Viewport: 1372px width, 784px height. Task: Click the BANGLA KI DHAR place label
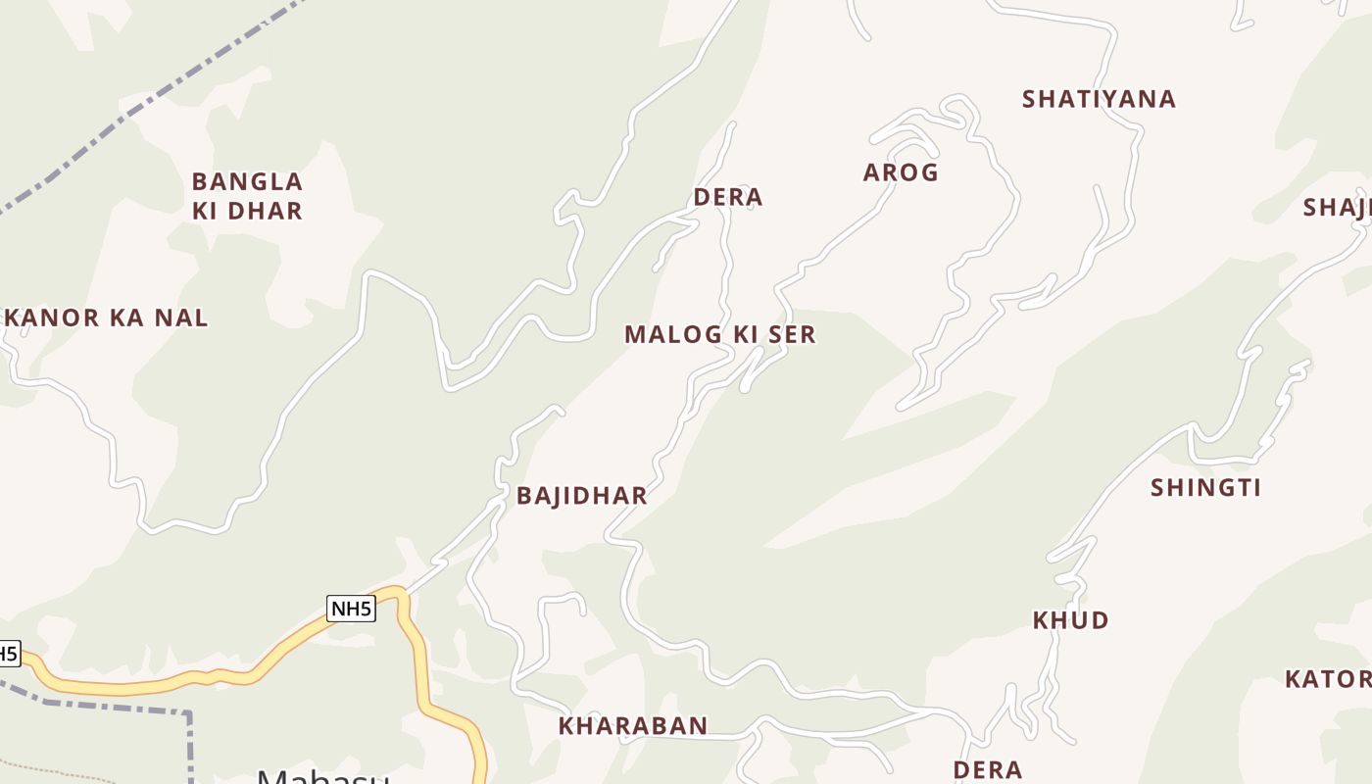pos(247,196)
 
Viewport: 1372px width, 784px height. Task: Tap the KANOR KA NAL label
pos(106,318)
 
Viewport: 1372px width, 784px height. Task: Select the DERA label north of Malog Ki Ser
pos(727,197)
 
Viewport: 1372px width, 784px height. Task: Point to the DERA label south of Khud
pos(988,769)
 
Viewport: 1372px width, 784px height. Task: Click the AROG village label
pos(901,172)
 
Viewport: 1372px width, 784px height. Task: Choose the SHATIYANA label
pos(1099,99)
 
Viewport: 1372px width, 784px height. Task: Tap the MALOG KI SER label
pos(719,334)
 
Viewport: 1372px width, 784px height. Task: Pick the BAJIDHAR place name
pos(582,496)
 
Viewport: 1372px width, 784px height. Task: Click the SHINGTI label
pos(1205,488)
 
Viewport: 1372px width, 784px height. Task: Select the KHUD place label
pos(1070,620)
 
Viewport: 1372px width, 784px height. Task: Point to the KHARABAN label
pos(633,726)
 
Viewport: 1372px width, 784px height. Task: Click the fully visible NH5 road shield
pos(351,609)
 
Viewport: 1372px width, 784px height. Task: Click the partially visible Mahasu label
pos(323,776)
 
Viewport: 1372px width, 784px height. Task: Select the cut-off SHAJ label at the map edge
pos(1338,208)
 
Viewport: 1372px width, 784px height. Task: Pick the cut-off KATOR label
pos(1329,679)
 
